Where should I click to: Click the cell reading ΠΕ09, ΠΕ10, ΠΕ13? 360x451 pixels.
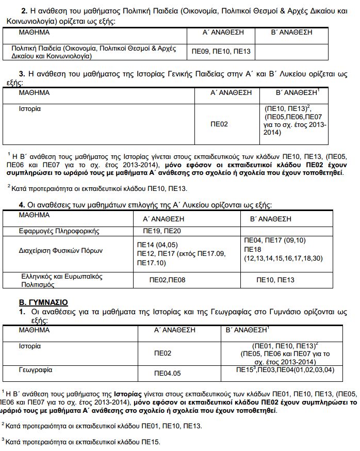click(x=221, y=52)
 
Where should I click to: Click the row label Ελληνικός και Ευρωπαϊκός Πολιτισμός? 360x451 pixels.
click(x=61, y=280)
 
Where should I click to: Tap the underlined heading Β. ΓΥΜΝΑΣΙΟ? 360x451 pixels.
click(x=43, y=302)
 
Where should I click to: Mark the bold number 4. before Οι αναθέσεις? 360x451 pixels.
click(x=22, y=205)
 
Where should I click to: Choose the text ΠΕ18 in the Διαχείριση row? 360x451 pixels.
click(x=252, y=249)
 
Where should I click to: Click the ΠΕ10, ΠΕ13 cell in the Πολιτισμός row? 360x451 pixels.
click(x=275, y=280)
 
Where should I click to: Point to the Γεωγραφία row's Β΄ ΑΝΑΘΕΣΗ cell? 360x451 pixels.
click(x=285, y=370)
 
